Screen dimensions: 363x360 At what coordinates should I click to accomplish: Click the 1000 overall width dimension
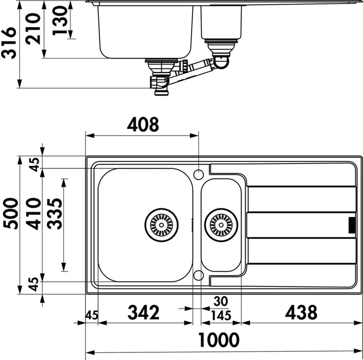click(x=219, y=340)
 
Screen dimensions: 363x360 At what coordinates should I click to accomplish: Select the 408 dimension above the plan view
click(x=143, y=124)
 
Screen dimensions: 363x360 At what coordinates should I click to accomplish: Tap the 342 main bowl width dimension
click(x=144, y=312)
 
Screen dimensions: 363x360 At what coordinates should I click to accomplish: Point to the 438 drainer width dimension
click(x=301, y=312)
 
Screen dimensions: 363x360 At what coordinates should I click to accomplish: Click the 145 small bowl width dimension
click(x=221, y=316)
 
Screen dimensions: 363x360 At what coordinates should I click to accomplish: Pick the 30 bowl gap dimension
click(x=221, y=301)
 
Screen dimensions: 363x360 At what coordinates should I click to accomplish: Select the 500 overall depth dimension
click(x=10, y=213)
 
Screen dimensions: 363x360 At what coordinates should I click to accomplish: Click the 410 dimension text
click(x=33, y=214)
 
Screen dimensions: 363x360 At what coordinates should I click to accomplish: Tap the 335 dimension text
click(x=55, y=214)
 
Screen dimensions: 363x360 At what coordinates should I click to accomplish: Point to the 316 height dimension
click(x=9, y=43)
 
